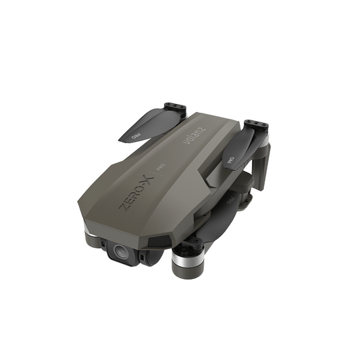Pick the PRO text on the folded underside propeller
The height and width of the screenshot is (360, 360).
point(230,201)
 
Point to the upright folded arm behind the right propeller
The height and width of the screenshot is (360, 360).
point(263,162)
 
